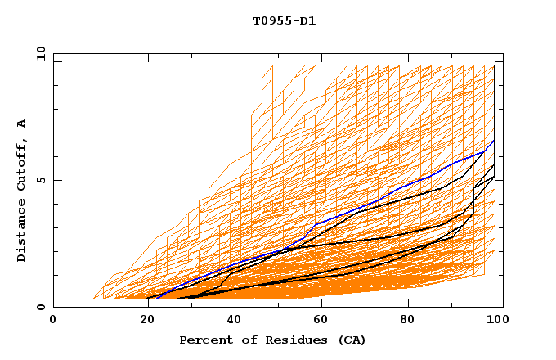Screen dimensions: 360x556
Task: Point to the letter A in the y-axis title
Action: point(22,124)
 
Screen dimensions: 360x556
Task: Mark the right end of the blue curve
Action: point(494,141)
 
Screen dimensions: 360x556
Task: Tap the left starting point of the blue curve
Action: point(156,297)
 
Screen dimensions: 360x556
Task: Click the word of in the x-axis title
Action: point(243,340)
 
